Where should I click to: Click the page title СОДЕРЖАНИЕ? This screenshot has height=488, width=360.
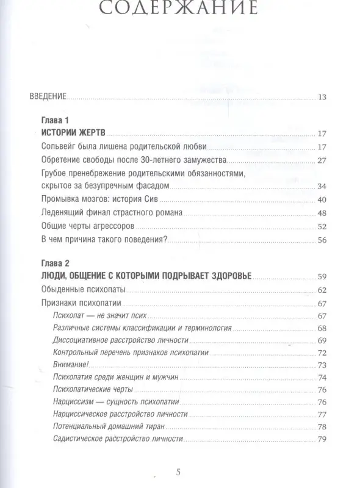179,9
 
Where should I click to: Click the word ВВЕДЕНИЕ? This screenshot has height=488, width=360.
48,97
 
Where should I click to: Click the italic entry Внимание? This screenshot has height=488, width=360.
71,365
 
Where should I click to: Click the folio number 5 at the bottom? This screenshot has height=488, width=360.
178,472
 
